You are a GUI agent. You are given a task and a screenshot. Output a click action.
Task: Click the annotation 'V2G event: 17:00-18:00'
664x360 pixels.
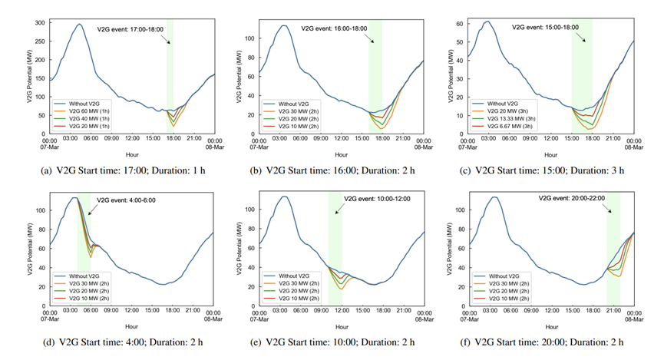(x=130, y=29)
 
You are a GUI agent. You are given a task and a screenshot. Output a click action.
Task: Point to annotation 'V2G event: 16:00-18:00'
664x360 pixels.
(x=339, y=29)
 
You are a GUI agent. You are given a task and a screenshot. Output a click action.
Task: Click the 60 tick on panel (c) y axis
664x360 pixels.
(x=459, y=24)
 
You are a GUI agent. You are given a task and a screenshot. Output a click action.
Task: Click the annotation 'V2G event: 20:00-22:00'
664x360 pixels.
(x=573, y=198)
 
